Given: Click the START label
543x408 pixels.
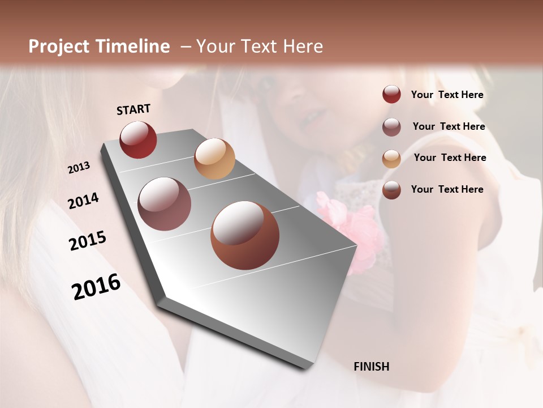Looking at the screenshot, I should [x=133, y=109].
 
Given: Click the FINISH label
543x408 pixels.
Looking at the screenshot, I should [x=371, y=367].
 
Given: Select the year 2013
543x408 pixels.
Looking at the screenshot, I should [x=79, y=168].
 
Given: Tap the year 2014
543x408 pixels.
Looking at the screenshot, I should [x=83, y=201].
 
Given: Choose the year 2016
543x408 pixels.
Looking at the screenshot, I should [x=96, y=287].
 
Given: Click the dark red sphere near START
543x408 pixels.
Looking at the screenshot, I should [x=138, y=139].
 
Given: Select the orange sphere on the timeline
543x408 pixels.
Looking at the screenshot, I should [x=214, y=159].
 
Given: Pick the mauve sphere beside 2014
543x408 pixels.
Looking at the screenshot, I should [x=164, y=204].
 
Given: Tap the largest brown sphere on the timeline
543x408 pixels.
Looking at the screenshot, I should [x=245, y=235].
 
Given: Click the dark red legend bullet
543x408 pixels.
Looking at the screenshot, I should [x=391, y=95].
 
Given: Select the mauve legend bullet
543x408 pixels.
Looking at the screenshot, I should [x=391, y=127].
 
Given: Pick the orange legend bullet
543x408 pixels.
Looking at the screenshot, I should [x=391, y=158].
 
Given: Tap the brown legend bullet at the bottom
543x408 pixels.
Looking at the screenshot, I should [x=391, y=190].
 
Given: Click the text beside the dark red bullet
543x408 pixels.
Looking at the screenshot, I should [x=447, y=95].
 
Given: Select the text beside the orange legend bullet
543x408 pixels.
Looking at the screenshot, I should [x=450, y=158].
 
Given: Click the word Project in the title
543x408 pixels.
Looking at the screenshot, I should [x=58, y=46].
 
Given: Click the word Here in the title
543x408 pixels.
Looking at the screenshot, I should [x=303, y=46].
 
